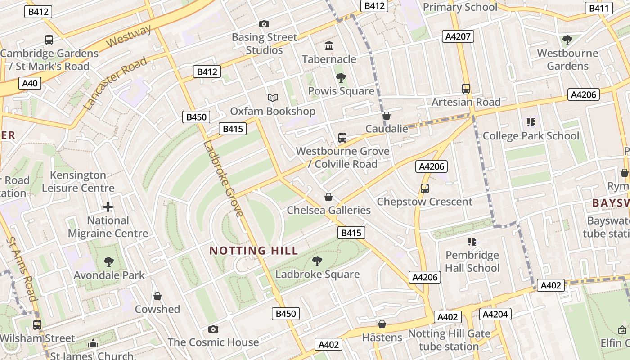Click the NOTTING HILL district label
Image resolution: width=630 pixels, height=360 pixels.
coord(254,251)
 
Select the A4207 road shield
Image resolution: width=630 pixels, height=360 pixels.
coord(458,36)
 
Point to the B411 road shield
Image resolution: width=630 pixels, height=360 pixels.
coord(599,8)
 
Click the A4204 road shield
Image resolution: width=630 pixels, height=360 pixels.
coord(495,314)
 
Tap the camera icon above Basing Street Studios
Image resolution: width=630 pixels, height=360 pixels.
coord(264,24)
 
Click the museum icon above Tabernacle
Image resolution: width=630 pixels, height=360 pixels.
coord(329,46)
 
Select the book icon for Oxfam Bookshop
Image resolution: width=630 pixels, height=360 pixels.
coord(272,98)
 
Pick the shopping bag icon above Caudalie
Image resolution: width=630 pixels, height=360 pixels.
coord(386,116)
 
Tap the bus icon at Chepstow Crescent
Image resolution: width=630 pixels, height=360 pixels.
coord(424,189)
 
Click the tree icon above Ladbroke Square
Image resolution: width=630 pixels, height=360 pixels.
coord(317,261)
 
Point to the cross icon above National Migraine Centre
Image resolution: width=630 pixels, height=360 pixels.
coord(108,207)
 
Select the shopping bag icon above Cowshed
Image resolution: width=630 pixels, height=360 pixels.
coord(157,296)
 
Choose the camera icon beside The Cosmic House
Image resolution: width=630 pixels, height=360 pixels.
coord(213,329)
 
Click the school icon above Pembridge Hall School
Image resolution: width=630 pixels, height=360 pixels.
coord(472,242)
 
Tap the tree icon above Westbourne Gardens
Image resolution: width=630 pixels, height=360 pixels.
coord(567,40)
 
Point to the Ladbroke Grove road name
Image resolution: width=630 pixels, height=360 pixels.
coord(223,179)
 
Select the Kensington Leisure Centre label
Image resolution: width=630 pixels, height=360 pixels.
coord(78,181)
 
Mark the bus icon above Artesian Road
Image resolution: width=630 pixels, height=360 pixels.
coord(466,89)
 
